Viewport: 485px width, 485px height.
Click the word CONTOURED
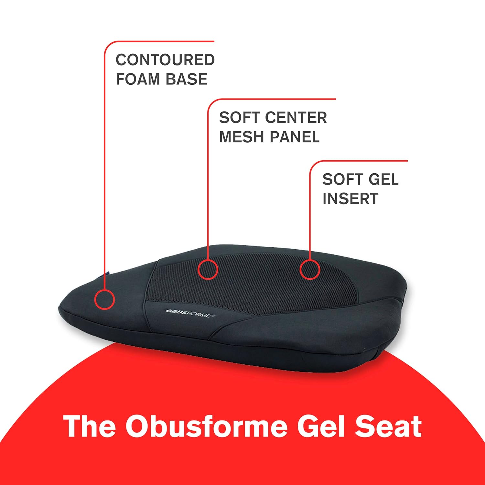click(165, 60)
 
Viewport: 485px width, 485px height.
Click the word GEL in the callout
click(383, 179)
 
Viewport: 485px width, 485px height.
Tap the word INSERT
click(350, 199)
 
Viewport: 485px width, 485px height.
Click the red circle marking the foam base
click(104, 299)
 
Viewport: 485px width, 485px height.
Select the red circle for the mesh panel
click(208, 269)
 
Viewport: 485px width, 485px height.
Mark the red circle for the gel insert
click(310, 269)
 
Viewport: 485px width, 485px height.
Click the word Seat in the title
click(388, 426)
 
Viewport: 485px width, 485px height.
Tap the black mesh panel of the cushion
click(259, 285)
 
